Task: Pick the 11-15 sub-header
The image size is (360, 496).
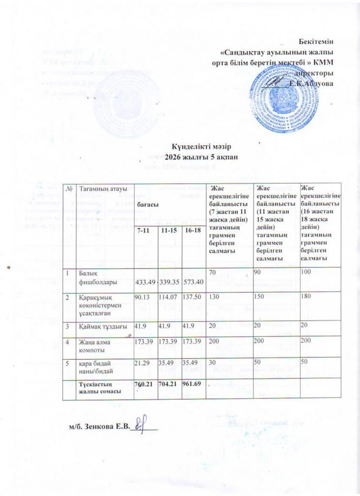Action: [x=168, y=231]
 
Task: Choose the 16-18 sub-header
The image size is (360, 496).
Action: [x=192, y=231]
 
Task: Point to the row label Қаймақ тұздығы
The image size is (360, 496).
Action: [x=101, y=327]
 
